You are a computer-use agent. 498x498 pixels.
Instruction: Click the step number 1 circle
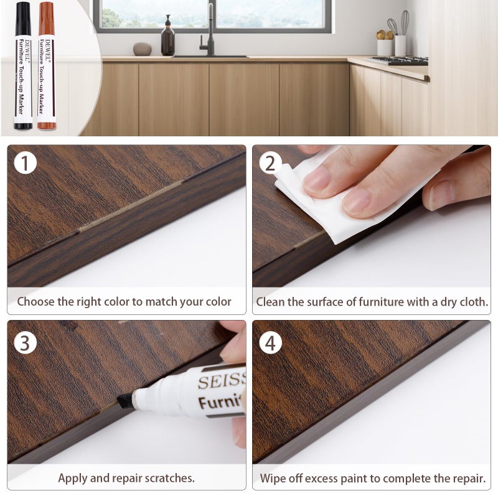click(26, 163)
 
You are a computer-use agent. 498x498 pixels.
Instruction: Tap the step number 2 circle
click(270, 163)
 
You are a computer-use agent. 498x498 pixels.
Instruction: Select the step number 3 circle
click(26, 342)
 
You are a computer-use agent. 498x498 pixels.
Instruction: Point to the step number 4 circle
click(270, 342)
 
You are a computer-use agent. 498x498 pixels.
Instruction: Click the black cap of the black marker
click(23, 19)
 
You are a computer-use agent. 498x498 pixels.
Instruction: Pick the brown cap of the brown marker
click(46, 19)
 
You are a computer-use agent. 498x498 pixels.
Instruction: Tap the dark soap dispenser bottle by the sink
click(168, 40)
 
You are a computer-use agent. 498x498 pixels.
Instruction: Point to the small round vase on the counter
click(143, 49)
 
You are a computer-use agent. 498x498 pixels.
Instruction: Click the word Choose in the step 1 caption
click(35, 302)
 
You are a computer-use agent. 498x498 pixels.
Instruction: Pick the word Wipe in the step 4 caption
click(273, 479)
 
